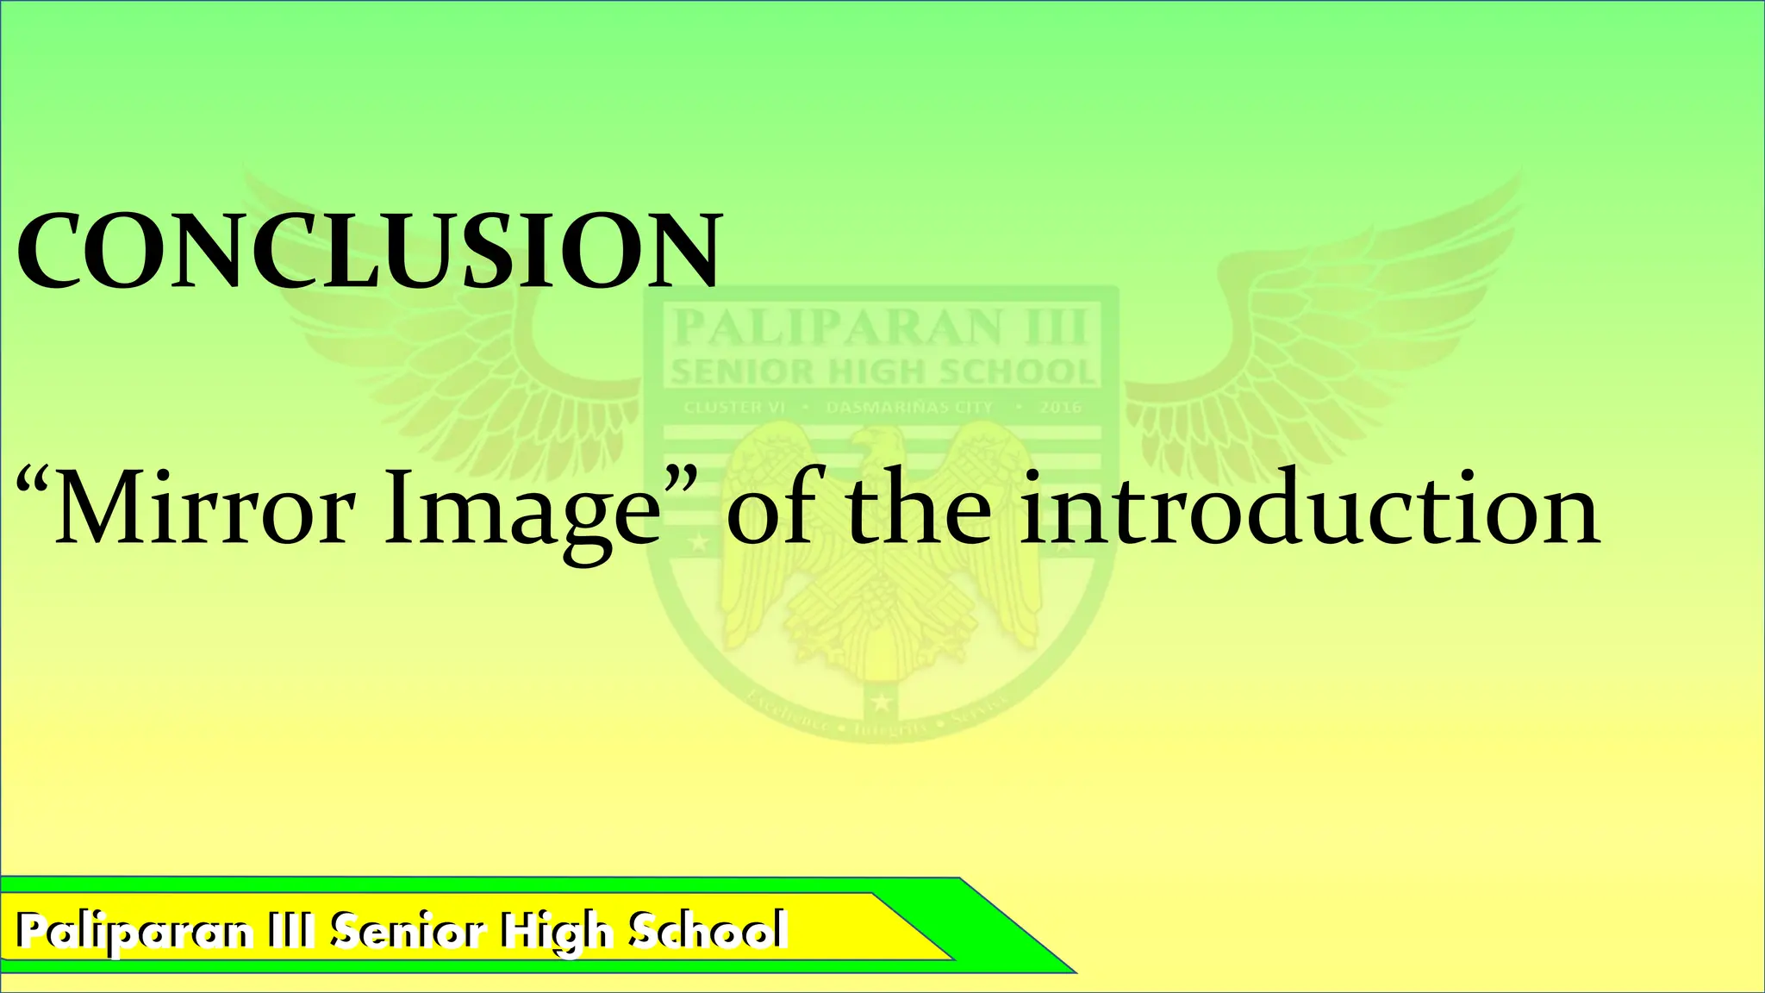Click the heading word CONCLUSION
369,251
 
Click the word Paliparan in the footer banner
134,932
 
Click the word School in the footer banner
707,930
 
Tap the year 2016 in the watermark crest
1059,407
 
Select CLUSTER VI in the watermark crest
734,407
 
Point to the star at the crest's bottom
884,704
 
